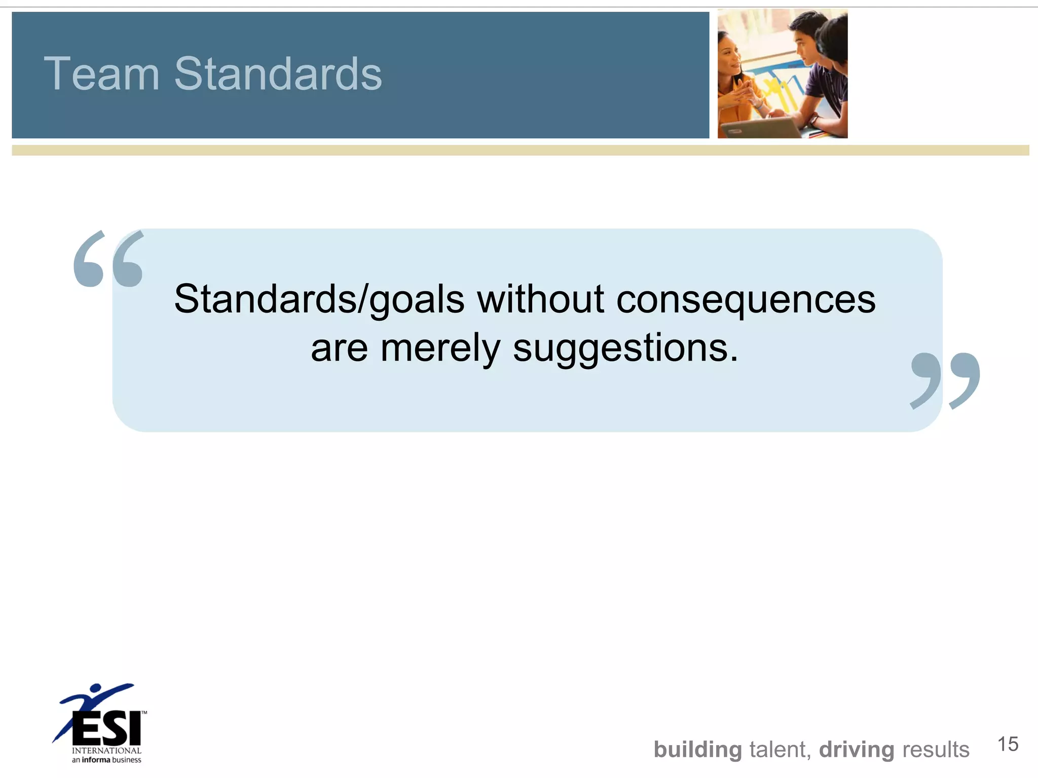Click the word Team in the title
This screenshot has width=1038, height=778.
101,74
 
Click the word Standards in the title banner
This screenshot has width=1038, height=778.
278,74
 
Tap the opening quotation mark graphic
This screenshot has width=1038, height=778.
108,259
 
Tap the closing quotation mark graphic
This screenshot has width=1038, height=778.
945,380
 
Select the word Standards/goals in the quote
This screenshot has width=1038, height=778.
319,300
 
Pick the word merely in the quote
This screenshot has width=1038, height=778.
440,349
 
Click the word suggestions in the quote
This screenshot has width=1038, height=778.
625,349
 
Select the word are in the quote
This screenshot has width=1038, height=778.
339,349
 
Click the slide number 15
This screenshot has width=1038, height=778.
1008,745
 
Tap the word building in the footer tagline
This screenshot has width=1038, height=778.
697,750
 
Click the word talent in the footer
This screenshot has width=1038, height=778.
780,750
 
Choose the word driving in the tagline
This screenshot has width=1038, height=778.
857,750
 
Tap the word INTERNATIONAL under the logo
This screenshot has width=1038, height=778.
106,751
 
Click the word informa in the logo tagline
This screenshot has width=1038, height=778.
96,760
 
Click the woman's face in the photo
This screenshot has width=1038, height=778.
729,56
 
